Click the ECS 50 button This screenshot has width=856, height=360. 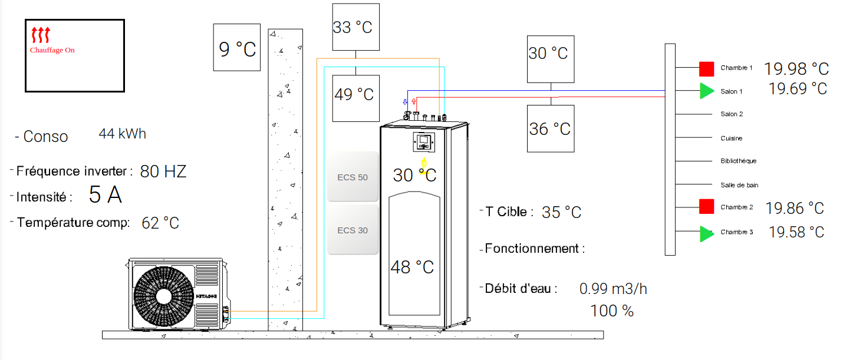353,177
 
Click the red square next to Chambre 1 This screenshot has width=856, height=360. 707,69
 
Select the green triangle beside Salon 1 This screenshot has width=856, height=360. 707,91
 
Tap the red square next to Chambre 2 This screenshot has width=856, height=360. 707,207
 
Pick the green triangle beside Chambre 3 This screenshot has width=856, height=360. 707,234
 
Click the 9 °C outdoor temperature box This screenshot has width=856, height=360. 237,47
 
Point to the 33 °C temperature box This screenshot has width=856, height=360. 355,27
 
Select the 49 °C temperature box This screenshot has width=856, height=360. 355,98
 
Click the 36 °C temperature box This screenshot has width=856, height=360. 551,128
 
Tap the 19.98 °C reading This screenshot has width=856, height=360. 796,69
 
